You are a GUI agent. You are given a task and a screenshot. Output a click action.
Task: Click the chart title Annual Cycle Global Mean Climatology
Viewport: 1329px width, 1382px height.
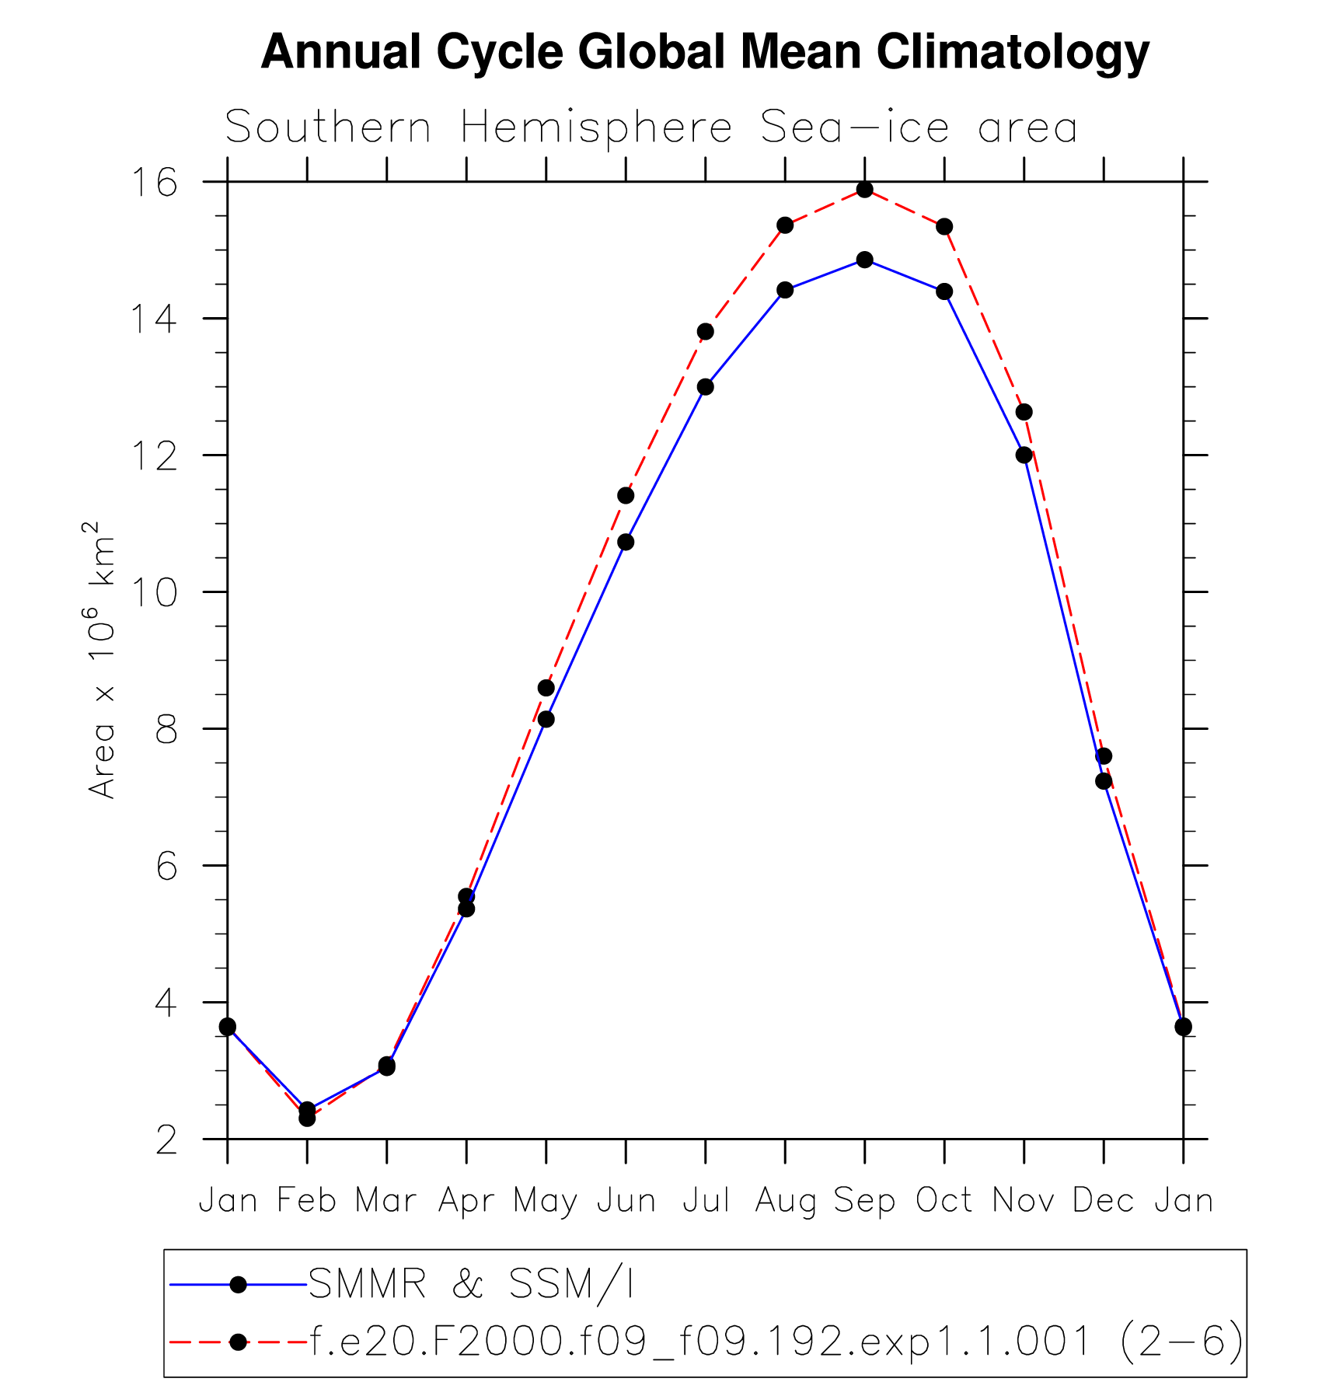(x=704, y=53)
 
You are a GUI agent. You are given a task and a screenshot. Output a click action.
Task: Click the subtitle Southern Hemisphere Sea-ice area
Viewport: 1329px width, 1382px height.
(x=651, y=127)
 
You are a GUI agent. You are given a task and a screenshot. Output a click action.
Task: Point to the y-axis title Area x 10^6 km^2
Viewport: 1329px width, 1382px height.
(x=102, y=660)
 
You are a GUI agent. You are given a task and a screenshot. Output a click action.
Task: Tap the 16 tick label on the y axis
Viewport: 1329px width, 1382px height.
(x=153, y=183)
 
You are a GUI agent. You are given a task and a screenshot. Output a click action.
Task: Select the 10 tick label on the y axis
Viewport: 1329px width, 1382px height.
(x=153, y=593)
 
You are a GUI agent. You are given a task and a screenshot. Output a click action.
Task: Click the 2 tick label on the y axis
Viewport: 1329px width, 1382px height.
(x=166, y=1140)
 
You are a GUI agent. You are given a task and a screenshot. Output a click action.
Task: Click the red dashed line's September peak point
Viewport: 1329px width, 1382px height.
(x=864, y=190)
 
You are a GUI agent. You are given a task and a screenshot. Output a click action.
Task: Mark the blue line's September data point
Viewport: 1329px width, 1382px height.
(x=864, y=260)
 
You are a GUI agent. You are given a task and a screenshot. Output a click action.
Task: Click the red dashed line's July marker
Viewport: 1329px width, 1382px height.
(x=705, y=332)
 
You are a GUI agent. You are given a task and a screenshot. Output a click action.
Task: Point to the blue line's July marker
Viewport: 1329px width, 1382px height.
(x=705, y=387)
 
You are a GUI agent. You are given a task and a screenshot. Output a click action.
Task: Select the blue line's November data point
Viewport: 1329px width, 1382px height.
(x=1024, y=455)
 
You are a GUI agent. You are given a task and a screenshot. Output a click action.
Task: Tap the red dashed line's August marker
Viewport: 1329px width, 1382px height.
(x=785, y=225)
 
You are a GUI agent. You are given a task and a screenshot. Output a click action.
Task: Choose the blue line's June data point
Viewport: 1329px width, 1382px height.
(x=626, y=542)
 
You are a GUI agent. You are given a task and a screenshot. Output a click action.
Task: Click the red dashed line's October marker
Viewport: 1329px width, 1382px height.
(x=944, y=226)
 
